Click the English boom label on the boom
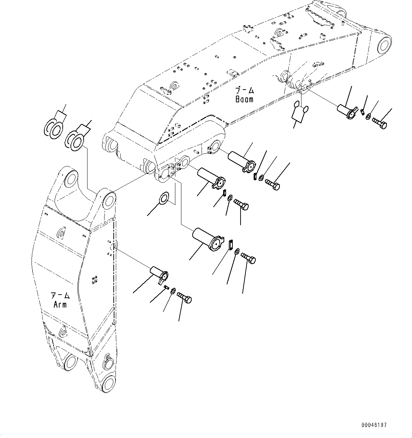pos(244,99)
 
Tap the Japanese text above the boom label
pos(245,90)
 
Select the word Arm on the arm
pos(60,304)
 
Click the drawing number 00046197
pos(374,425)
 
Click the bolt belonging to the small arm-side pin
pos(184,298)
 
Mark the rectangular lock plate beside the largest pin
pos(230,244)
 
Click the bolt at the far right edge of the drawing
pos(380,124)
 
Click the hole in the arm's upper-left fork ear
pos(71,178)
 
